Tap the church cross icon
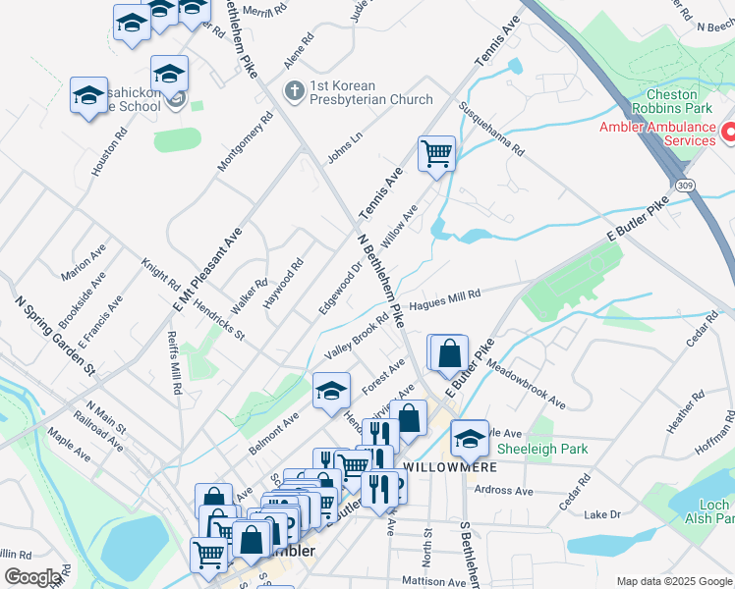point(293,91)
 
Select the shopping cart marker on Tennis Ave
point(436,153)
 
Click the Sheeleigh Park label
point(542,449)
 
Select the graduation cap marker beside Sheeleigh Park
point(470,437)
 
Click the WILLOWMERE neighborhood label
point(450,466)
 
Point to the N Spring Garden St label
point(53,337)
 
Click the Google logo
point(33,577)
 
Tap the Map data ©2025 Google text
point(673,581)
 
